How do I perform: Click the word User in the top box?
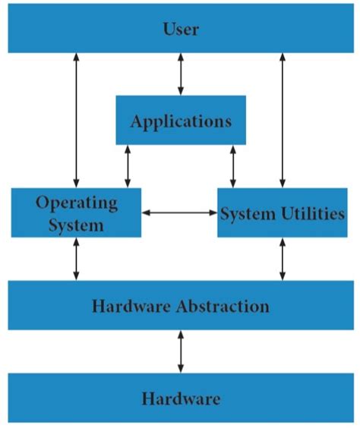[x=181, y=30]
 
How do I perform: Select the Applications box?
[x=181, y=120]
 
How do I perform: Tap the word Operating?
[x=77, y=203]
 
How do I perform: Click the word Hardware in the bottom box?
[x=180, y=398]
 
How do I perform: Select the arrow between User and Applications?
[x=180, y=74]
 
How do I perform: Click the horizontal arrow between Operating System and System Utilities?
[x=179, y=212]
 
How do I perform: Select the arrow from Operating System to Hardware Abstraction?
[x=76, y=259]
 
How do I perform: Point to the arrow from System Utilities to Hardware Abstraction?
[x=282, y=259]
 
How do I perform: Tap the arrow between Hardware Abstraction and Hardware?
[x=180, y=351]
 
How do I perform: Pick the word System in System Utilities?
[x=243, y=213]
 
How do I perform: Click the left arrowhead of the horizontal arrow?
[x=146, y=212]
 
